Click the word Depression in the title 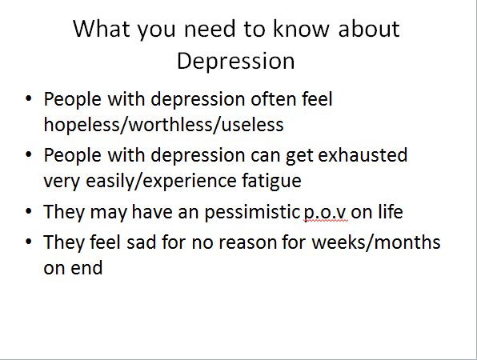tap(236, 62)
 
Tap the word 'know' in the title tap(301, 29)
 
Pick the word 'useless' tap(252, 125)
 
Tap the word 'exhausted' tap(363, 155)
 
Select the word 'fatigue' tap(271, 181)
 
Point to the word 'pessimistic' tap(252, 212)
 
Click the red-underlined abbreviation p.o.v tap(325, 213)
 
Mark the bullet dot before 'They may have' tap(29, 211)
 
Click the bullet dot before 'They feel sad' tap(29, 242)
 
